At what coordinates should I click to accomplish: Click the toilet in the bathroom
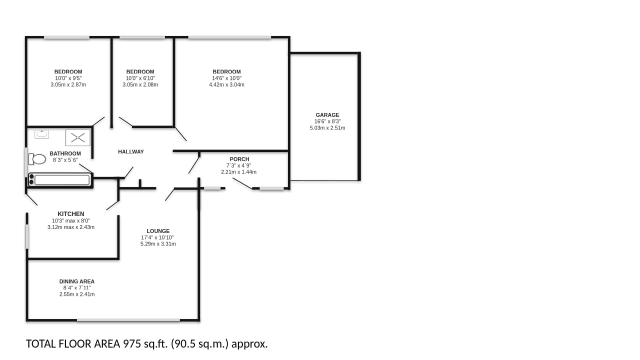(x=37, y=159)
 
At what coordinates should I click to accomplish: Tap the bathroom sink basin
(x=41, y=134)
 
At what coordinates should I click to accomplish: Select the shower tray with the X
(x=77, y=137)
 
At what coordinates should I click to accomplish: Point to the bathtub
(x=59, y=180)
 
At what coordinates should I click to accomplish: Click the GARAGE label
(x=327, y=115)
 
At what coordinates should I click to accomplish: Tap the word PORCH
(x=239, y=159)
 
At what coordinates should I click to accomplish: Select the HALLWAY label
(x=131, y=151)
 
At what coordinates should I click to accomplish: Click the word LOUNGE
(x=158, y=231)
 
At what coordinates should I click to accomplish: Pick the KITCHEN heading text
(x=71, y=214)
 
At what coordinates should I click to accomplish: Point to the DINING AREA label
(x=77, y=281)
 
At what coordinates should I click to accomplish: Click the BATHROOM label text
(x=65, y=153)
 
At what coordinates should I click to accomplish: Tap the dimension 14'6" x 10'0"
(x=226, y=78)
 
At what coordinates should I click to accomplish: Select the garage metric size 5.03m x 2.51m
(x=327, y=128)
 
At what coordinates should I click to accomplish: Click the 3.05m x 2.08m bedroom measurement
(x=140, y=84)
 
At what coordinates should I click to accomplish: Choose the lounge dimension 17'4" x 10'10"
(x=157, y=237)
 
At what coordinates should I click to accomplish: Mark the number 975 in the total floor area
(x=132, y=343)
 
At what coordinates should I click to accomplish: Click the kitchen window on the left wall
(x=27, y=236)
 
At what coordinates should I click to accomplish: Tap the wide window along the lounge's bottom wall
(x=128, y=320)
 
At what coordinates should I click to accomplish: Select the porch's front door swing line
(x=242, y=183)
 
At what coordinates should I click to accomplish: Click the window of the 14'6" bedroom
(x=229, y=37)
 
